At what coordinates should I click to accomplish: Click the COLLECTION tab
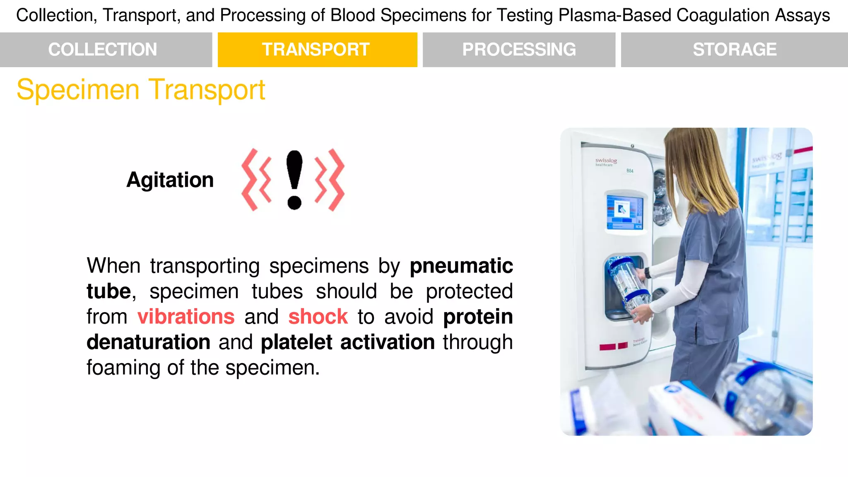[103, 50]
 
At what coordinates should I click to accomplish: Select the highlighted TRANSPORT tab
[316, 50]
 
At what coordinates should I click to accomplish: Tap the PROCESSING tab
[519, 50]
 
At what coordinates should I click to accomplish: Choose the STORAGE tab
[735, 50]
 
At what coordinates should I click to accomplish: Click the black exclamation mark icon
[294, 180]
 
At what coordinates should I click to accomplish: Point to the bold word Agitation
[170, 180]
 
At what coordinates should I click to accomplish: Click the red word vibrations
[186, 317]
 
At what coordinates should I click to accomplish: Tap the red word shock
[318, 317]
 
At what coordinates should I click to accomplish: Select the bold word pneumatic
[461, 266]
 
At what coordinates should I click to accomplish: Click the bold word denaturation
[149, 342]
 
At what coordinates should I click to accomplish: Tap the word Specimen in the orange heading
[78, 90]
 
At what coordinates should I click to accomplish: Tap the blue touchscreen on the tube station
[624, 212]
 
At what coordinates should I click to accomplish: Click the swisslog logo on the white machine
[606, 161]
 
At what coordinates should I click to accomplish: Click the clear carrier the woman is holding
[626, 286]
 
